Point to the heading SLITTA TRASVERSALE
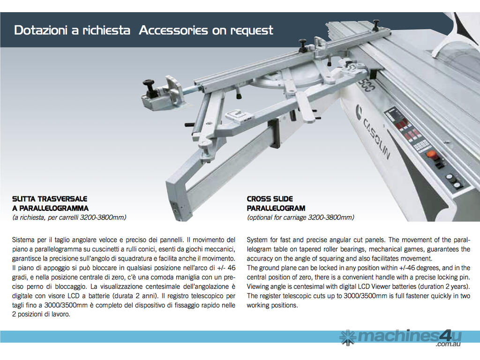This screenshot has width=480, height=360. click(50, 199)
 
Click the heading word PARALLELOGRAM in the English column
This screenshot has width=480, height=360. click(276, 208)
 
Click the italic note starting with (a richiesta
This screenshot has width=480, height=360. click(69, 217)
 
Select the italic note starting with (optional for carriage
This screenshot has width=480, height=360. click(300, 217)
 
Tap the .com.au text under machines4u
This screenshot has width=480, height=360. click(448, 345)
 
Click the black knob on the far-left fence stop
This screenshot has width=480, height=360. click(150, 84)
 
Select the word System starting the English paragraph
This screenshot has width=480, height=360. click(257, 240)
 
